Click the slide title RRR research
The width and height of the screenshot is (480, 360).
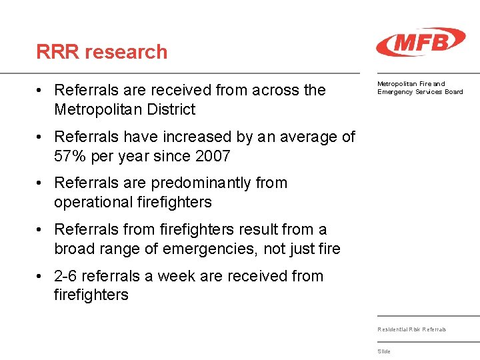coord(102,51)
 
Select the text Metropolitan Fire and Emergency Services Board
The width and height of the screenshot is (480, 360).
coord(419,87)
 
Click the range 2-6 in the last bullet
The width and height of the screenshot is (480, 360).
coord(67,276)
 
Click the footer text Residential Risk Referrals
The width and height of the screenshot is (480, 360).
coord(411,329)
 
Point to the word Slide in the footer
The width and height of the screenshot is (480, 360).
coord(384,351)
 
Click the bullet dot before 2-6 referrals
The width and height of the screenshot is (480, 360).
coord(41,276)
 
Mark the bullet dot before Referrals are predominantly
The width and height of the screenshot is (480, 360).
coord(41,183)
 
